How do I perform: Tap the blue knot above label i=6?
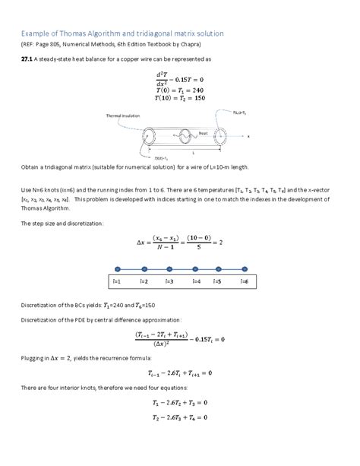244,269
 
